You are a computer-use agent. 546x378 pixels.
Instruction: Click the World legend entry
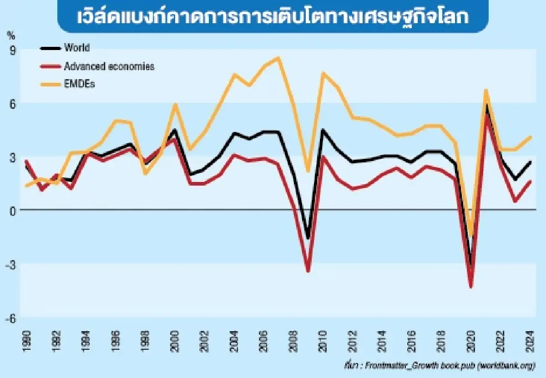(77, 47)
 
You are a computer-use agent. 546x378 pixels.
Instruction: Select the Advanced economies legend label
(109, 66)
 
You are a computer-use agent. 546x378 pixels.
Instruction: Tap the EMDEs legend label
(79, 84)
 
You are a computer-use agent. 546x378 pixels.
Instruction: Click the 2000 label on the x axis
(174, 339)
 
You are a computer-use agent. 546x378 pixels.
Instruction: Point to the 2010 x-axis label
(323, 339)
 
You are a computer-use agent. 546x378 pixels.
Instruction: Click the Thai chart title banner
(273, 17)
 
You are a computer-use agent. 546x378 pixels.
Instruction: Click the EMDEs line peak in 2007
(278, 58)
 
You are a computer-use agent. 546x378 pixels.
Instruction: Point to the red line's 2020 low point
(471, 287)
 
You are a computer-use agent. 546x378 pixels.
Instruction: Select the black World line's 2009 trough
(308, 238)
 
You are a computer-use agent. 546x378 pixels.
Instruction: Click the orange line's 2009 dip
(308, 171)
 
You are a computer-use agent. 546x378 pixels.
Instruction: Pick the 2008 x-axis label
(293, 339)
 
